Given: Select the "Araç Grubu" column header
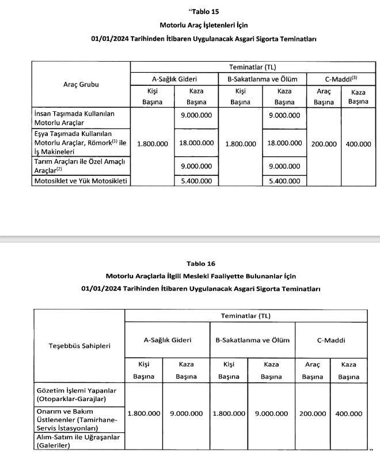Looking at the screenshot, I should click(81, 84).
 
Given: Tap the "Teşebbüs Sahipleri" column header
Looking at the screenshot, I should click(79, 346).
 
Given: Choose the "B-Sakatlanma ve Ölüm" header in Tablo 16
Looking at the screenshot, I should click(253, 340).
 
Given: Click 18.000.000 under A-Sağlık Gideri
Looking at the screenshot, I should click(196, 144).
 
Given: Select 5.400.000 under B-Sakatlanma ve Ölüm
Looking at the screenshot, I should click(284, 181).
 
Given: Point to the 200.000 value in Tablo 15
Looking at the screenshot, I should click(324, 144).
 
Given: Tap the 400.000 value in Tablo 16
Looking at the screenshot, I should click(348, 414).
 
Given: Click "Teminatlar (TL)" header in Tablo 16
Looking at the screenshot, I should click(246, 316).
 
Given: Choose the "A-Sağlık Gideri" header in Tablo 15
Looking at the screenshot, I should click(174, 78).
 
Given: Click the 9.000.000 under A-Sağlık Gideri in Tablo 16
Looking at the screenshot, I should click(186, 414).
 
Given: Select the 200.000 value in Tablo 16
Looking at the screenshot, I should click(313, 414).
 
